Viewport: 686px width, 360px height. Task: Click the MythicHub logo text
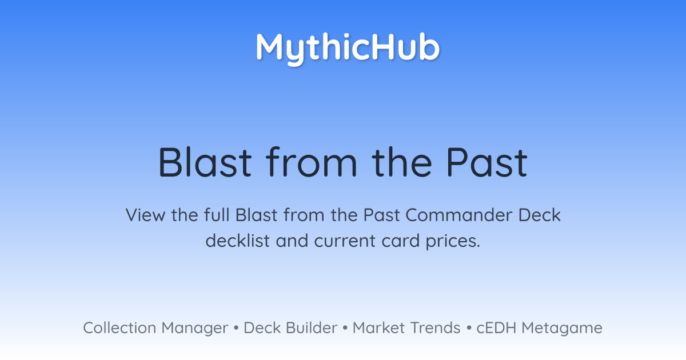pos(348,49)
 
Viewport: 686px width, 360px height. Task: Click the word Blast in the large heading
pos(205,162)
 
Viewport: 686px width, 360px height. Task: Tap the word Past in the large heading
pos(487,162)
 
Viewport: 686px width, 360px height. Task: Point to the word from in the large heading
pos(311,162)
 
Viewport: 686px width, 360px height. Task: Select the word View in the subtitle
pos(145,215)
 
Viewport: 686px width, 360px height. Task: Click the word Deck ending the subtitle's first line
pos(539,215)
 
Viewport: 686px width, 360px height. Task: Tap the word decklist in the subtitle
pos(238,241)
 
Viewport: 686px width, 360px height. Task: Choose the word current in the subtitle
pos(345,241)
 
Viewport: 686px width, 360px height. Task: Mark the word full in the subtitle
pos(217,215)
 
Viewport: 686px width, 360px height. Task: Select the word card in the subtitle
pos(401,241)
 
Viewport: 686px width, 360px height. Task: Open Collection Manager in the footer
pos(155,328)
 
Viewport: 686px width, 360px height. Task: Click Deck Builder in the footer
pos(290,327)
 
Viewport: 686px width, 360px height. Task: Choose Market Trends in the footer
pos(406,327)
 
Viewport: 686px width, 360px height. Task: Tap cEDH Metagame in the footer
pos(539,328)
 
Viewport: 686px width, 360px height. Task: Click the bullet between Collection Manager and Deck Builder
pos(236,328)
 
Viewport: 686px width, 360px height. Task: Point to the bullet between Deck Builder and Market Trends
pos(345,328)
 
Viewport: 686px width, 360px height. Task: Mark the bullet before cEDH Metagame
pos(469,328)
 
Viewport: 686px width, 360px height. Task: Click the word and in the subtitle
pos(292,241)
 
